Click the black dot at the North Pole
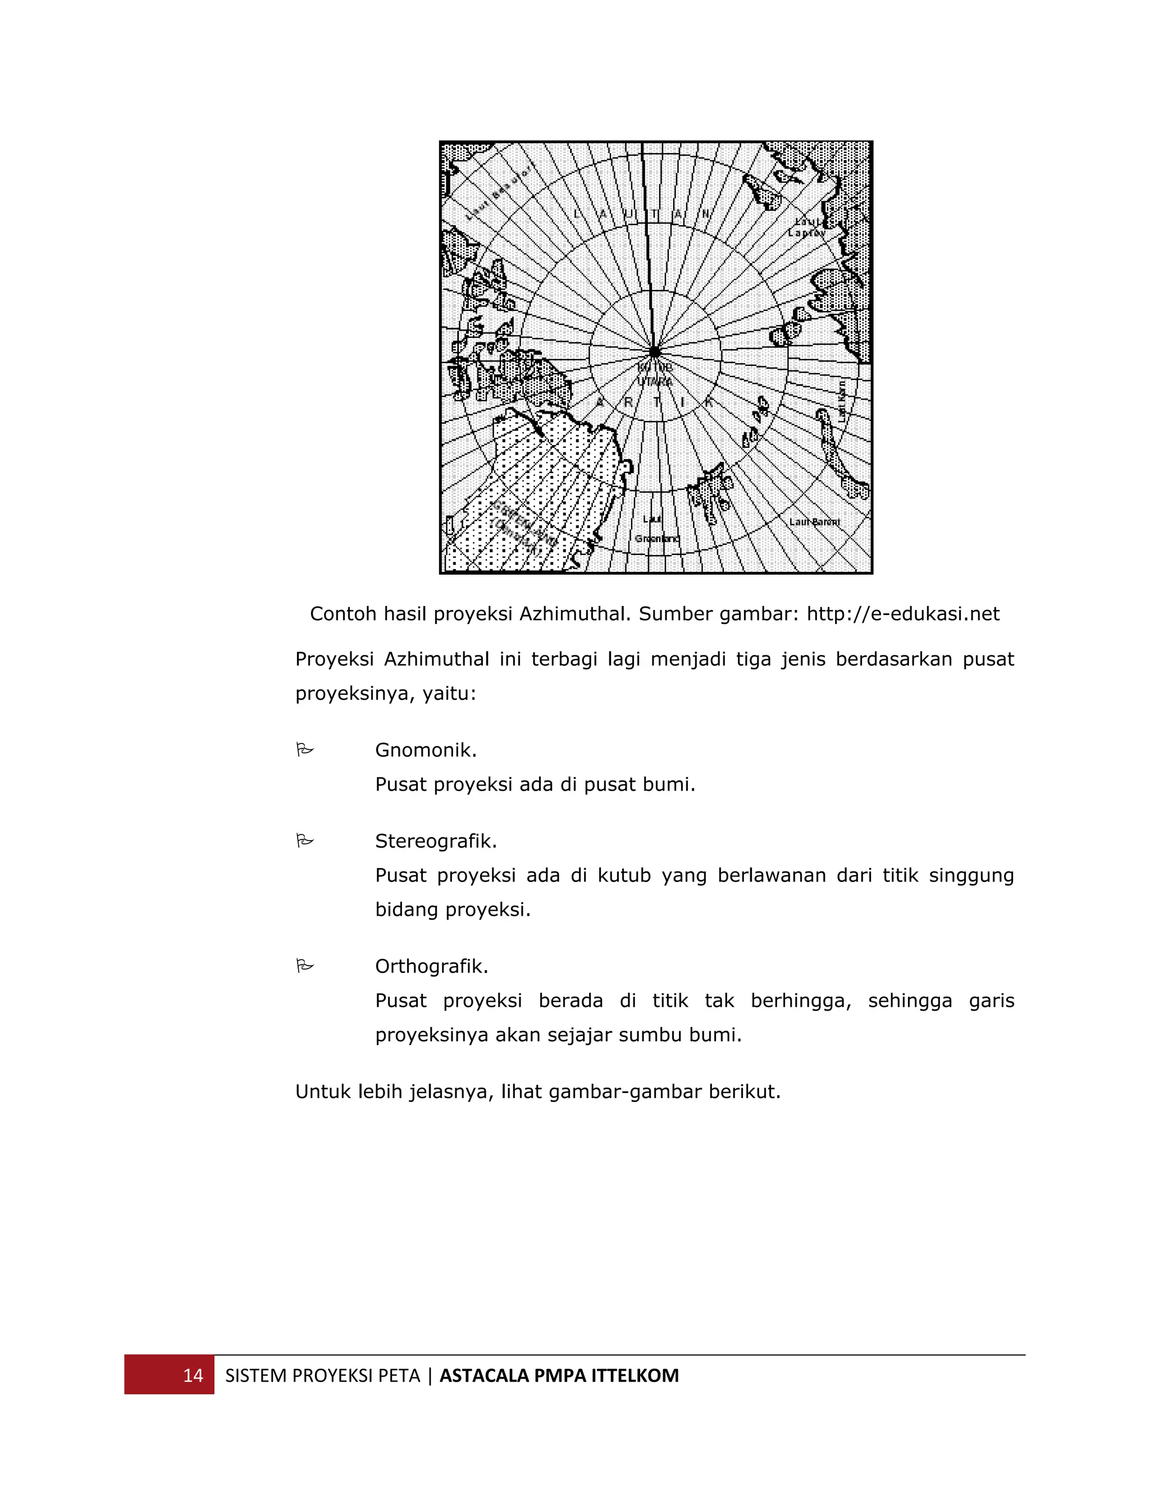coord(655,352)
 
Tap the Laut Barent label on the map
coord(814,522)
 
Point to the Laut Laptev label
coord(807,227)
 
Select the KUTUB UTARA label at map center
coord(655,374)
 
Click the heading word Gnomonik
coord(426,750)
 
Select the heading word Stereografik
coord(436,842)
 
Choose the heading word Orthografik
coord(431,967)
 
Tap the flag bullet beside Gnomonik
coord(304,750)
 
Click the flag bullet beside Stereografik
coord(304,842)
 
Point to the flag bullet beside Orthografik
coord(304,966)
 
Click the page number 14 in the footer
coord(193,1376)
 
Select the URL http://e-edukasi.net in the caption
coord(903,614)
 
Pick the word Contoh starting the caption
coord(343,614)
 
